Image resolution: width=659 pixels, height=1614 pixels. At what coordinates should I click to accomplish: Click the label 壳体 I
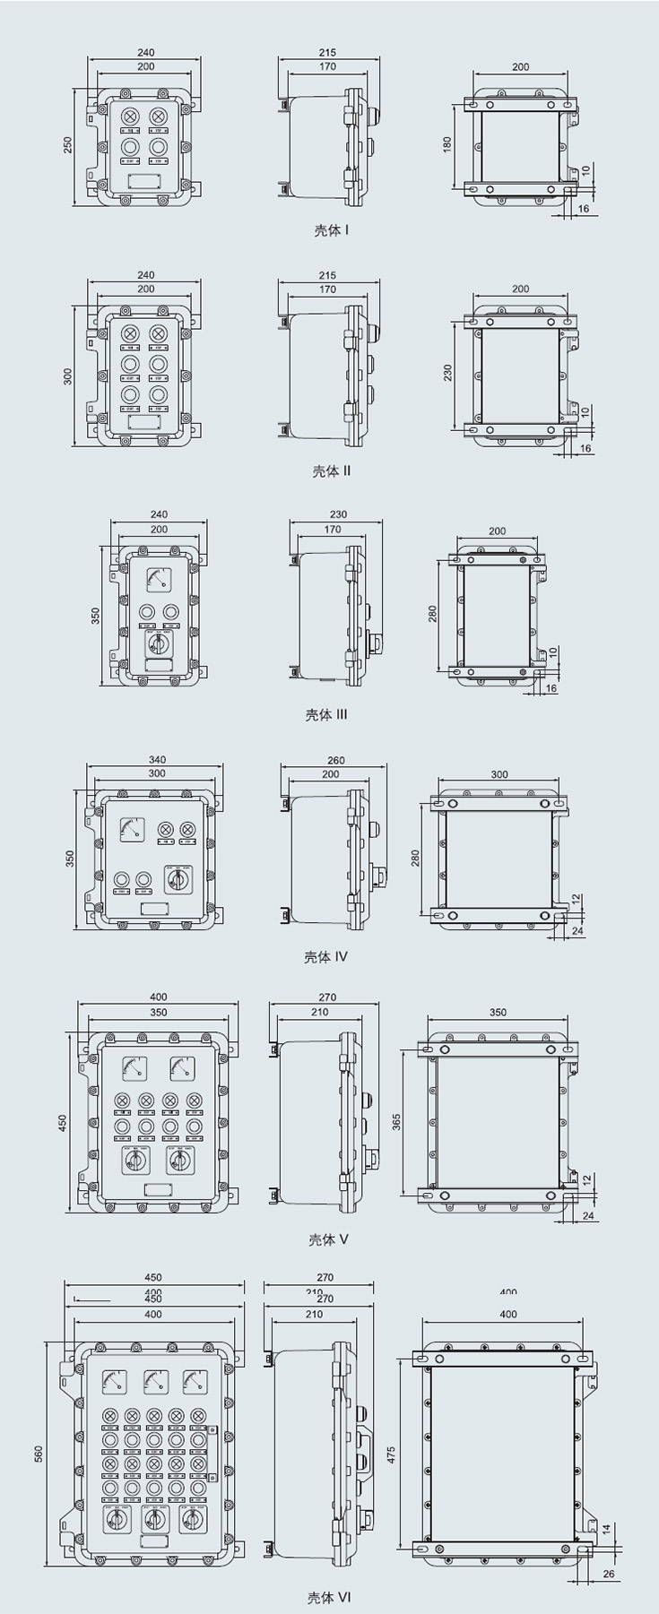(331, 230)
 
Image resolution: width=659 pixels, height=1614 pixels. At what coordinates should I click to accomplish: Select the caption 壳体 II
(331, 470)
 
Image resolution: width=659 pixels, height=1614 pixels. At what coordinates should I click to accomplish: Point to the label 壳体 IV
(325, 957)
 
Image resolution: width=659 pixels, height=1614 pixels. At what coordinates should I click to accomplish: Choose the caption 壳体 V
(328, 1239)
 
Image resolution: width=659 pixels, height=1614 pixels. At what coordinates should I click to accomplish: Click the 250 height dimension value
(68, 145)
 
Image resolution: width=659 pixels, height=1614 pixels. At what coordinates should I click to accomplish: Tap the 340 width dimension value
(157, 760)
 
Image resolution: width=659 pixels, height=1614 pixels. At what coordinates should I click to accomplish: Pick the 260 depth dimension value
(335, 760)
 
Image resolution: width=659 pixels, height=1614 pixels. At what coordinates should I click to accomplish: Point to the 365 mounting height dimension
(396, 1121)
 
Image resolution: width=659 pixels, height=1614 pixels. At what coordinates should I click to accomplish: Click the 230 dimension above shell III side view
(338, 514)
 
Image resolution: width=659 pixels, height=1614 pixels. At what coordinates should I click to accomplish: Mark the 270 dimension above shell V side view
(327, 997)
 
